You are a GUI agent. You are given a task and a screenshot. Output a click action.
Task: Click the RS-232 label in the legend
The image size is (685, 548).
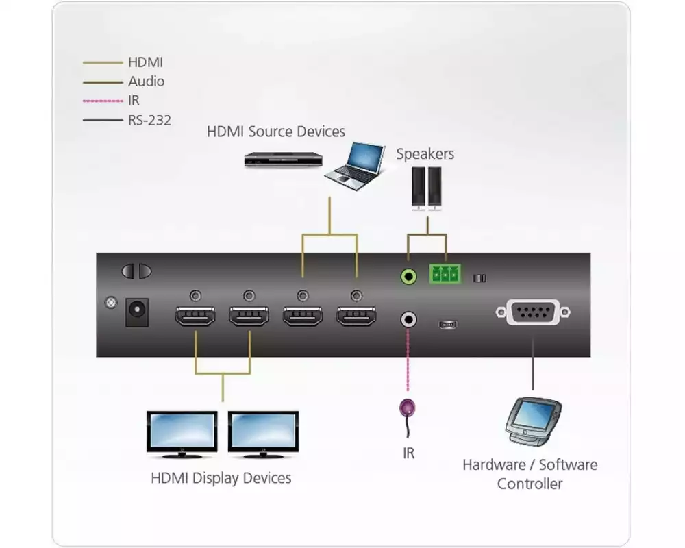click(149, 121)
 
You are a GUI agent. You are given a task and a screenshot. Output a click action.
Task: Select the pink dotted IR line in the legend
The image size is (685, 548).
click(103, 101)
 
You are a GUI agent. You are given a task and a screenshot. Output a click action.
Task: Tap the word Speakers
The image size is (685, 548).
click(425, 154)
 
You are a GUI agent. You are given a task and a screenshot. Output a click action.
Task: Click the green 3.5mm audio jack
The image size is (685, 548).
click(409, 276)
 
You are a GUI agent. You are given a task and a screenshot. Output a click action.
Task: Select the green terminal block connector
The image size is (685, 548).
click(445, 275)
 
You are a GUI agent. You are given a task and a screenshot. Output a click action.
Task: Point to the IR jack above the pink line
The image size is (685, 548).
click(409, 319)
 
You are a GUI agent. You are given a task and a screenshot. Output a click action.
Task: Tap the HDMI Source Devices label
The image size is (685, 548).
click(276, 131)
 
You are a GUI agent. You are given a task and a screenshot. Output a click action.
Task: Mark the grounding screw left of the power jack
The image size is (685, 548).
click(108, 301)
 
